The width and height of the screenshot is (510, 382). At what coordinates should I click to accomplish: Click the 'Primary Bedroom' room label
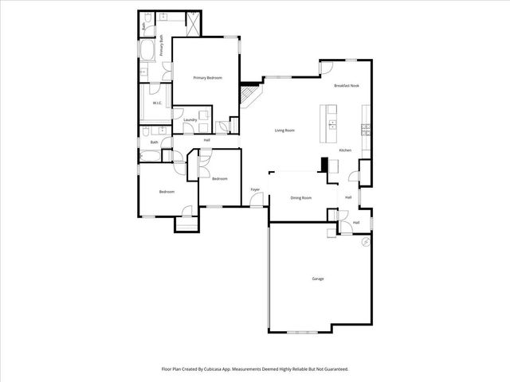coord(207,78)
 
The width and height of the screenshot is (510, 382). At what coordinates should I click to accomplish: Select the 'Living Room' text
coord(284,131)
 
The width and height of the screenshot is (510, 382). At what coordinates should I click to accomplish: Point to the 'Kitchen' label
coord(345,150)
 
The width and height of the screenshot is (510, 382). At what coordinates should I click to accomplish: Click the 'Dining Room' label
coord(300,197)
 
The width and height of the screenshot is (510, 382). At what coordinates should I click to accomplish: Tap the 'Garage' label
coord(318,279)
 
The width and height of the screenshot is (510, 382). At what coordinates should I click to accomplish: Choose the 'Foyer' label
coord(255,189)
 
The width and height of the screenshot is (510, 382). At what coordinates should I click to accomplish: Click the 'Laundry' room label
coord(190,120)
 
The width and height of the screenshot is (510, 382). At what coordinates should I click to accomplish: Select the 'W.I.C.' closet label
coord(157,103)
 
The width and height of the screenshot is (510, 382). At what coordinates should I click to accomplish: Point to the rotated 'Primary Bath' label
coord(160,44)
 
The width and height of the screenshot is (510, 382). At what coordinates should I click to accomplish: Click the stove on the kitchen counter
coord(366,128)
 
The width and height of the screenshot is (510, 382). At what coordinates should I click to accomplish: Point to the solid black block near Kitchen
coord(324,164)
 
